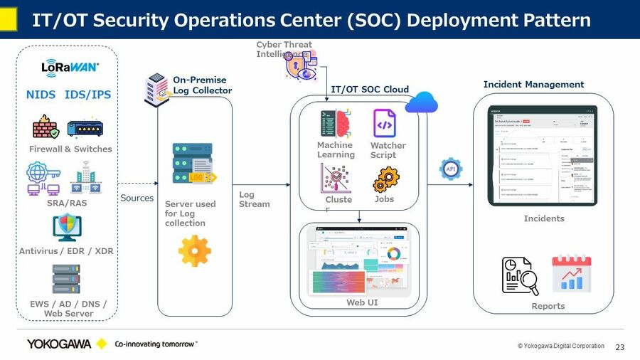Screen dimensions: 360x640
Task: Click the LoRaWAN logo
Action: (x=70, y=68)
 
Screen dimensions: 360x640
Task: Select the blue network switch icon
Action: (x=85, y=128)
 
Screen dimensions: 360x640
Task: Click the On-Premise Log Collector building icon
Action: (x=157, y=86)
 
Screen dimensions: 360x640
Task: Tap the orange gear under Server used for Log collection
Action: (x=194, y=251)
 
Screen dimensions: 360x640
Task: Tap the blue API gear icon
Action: (x=450, y=169)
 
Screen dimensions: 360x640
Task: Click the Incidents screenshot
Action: (x=542, y=156)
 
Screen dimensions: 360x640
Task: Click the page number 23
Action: (x=619, y=347)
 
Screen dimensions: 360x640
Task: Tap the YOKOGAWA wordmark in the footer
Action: (x=59, y=344)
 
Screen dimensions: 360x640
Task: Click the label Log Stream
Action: (x=254, y=199)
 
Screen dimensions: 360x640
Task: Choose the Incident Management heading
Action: (x=533, y=85)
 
